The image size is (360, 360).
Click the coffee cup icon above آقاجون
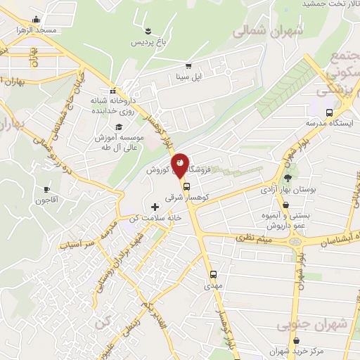point(47,190)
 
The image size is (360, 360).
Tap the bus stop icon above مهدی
point(213,275)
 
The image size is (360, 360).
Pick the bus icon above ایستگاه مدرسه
point(330,112)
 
